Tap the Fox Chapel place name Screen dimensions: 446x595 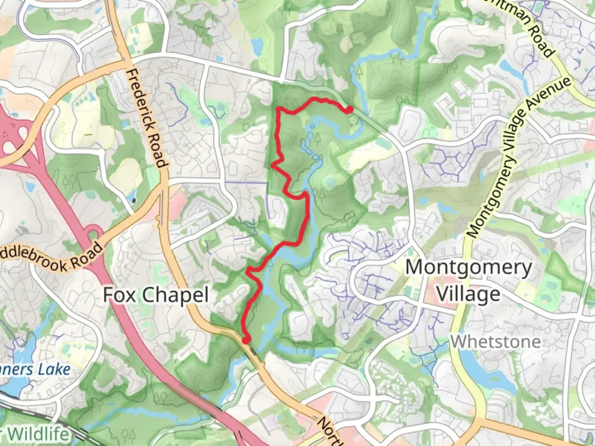(155, 295)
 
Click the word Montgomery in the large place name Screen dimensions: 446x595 (469, 268)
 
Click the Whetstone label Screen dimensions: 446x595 (495, 342)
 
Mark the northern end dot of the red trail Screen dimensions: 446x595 (349, 109)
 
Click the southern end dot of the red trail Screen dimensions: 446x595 (246, 340)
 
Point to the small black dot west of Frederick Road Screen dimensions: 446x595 (134, 201)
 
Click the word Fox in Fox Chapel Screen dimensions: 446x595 (118, 295)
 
